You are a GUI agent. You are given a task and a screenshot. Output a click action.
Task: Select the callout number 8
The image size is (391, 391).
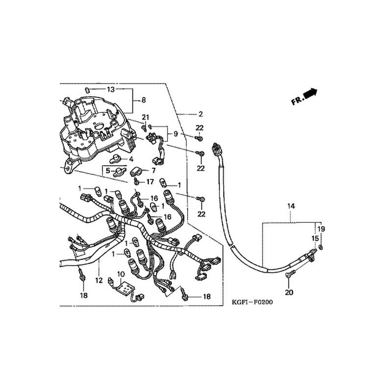pos(143,100)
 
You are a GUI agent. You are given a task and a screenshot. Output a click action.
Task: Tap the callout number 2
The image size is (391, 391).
pos(200,114)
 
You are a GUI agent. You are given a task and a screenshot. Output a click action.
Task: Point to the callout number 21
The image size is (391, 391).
pos(145,117)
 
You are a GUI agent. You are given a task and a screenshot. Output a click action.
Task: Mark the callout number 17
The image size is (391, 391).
pos(150,182)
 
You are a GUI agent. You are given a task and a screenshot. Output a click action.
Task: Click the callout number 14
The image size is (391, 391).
pos(291,207)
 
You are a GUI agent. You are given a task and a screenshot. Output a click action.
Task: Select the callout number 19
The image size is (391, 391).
pos(322,229)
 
